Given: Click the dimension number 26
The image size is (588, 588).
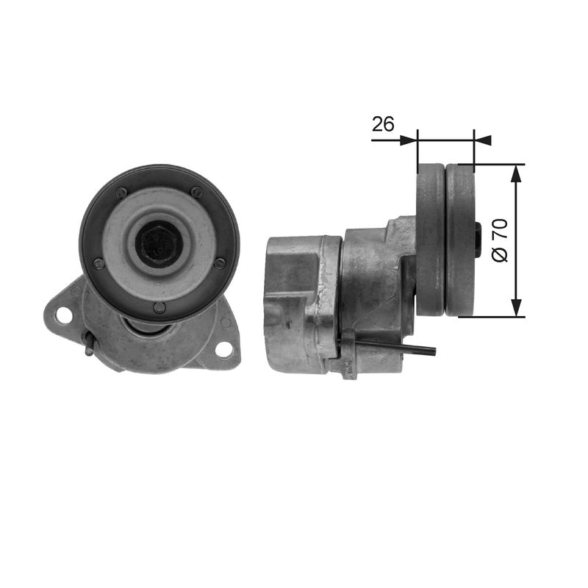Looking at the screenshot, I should click(383, 124).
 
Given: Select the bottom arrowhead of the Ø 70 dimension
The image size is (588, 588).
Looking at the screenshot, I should click(517, 309).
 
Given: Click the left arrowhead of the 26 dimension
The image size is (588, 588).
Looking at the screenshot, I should click(409, 140).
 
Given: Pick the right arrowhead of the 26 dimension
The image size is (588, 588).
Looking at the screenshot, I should click(482, 140).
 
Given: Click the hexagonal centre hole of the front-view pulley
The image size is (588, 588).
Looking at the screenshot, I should click(159, 243).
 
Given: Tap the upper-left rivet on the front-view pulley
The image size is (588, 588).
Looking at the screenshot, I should click(121, 193).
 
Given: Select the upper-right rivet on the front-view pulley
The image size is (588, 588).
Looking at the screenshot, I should click(196, 192).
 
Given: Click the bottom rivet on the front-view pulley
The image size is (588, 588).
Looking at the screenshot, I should click(159, 307).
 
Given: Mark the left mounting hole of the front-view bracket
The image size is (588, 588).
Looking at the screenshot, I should click(63, 315).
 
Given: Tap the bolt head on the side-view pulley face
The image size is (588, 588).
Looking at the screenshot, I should click(478, 240).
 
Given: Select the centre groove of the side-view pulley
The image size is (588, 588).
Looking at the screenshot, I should click(445, 240).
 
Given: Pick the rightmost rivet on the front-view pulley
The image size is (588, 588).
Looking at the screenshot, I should click(220, 263).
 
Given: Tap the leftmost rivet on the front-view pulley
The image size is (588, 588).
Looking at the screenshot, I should click(98, 264).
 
